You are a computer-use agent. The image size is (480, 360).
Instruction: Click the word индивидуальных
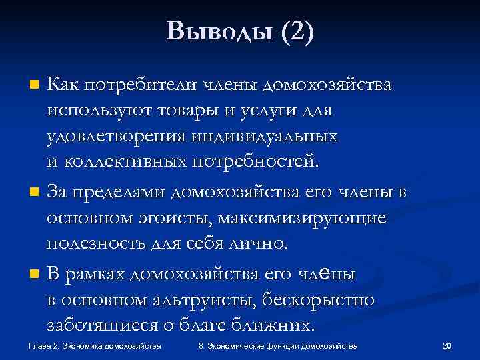tap(263, 137)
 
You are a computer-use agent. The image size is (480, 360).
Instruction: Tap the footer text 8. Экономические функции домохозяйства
tap(278, 346)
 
